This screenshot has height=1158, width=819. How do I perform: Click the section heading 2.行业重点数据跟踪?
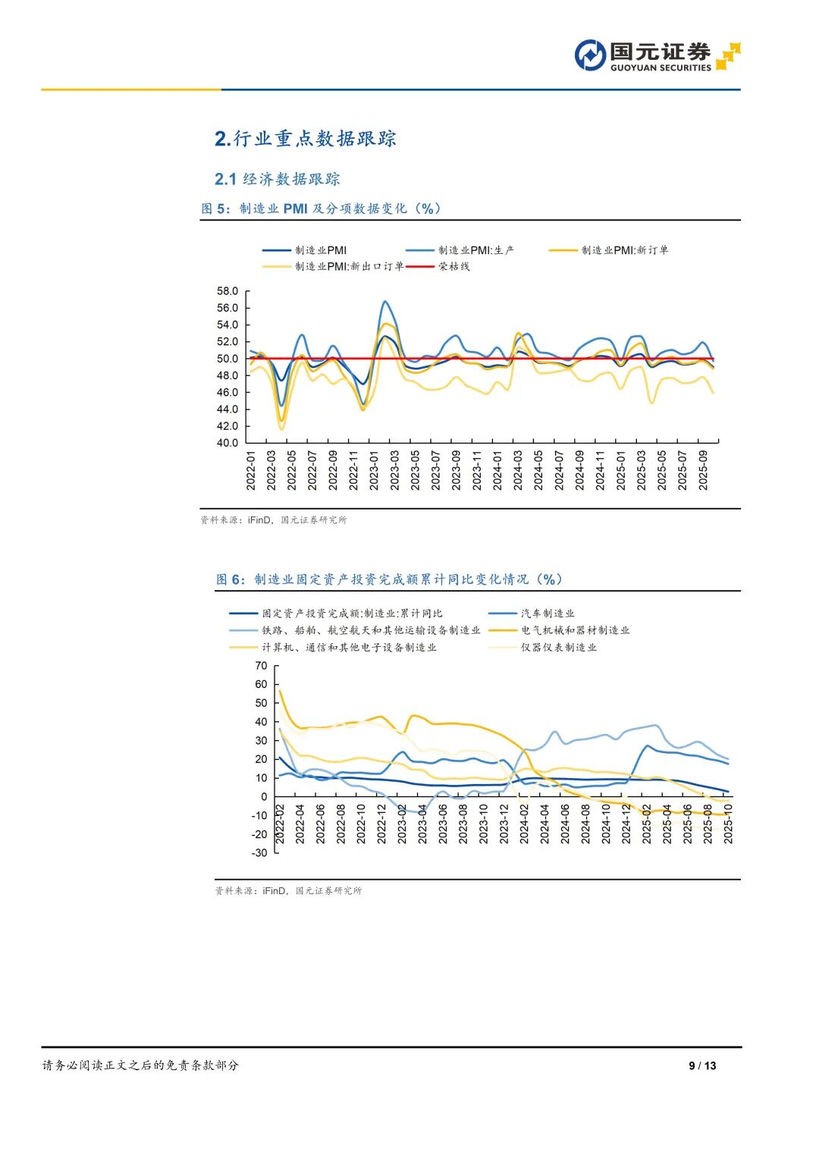tap(306, 139)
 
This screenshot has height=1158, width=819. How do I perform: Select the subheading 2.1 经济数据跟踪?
tap(278, 179)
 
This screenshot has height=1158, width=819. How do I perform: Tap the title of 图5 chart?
tap(322, 209)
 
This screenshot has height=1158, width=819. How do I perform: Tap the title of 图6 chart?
tap(390, 579)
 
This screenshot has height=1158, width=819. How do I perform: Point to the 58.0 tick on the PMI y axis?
tap(227, 291)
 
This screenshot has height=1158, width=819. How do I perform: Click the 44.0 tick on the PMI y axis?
tap(227, 409)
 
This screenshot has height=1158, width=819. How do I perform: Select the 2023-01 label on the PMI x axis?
tap(374, 470)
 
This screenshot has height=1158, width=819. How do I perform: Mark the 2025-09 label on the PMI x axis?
tap(703, 470)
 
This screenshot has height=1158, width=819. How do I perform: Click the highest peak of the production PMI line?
tap(385, 302)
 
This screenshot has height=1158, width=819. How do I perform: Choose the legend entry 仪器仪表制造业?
tap(558, 648)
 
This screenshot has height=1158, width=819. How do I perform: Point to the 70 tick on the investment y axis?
tap(261, 666)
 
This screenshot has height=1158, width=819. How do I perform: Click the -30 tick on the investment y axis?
tap(260, 852)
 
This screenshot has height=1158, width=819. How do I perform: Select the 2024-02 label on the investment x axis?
tap(524, 824)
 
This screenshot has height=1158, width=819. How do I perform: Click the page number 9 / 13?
tap(702, 1065)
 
